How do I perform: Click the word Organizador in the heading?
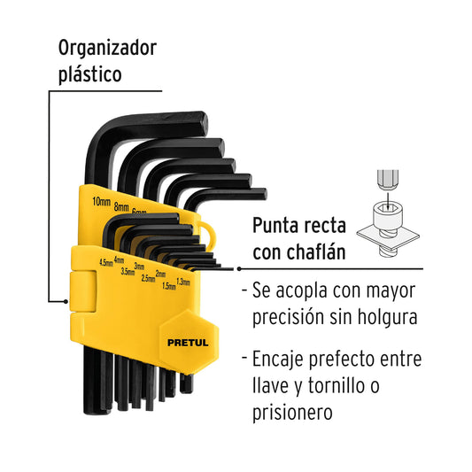(107, 49)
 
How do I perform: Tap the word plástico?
(90, 74)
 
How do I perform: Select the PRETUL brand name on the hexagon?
(188, 343)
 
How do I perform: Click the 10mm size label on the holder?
(102, 201)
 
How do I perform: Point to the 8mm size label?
(121, 207)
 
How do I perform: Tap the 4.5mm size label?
(106, 262)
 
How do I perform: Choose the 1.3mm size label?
(183, 282)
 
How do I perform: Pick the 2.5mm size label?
(149, 278)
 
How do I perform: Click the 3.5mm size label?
(128, 271)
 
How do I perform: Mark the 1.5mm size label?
(169, 286)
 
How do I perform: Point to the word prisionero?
(292, 413)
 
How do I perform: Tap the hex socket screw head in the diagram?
(387, 214)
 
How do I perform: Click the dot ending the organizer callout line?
(66, 301)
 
